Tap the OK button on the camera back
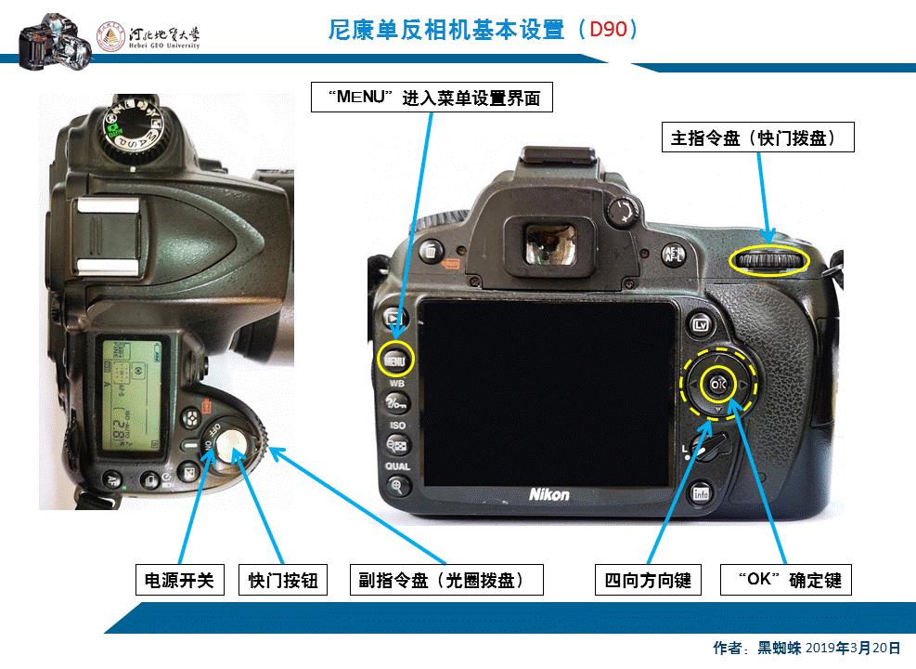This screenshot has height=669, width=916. click(716, 384)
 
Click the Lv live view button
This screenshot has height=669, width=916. click(701, 324)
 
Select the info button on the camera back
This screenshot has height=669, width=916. click(701, 492)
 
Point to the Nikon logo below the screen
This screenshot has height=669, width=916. click(549, 494)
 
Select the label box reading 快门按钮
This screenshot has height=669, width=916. click(283, 581)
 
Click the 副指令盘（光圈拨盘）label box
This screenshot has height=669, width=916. click(445, 581)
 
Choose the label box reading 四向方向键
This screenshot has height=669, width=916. click(648, 581)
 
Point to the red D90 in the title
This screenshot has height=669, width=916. click(608, 30)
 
